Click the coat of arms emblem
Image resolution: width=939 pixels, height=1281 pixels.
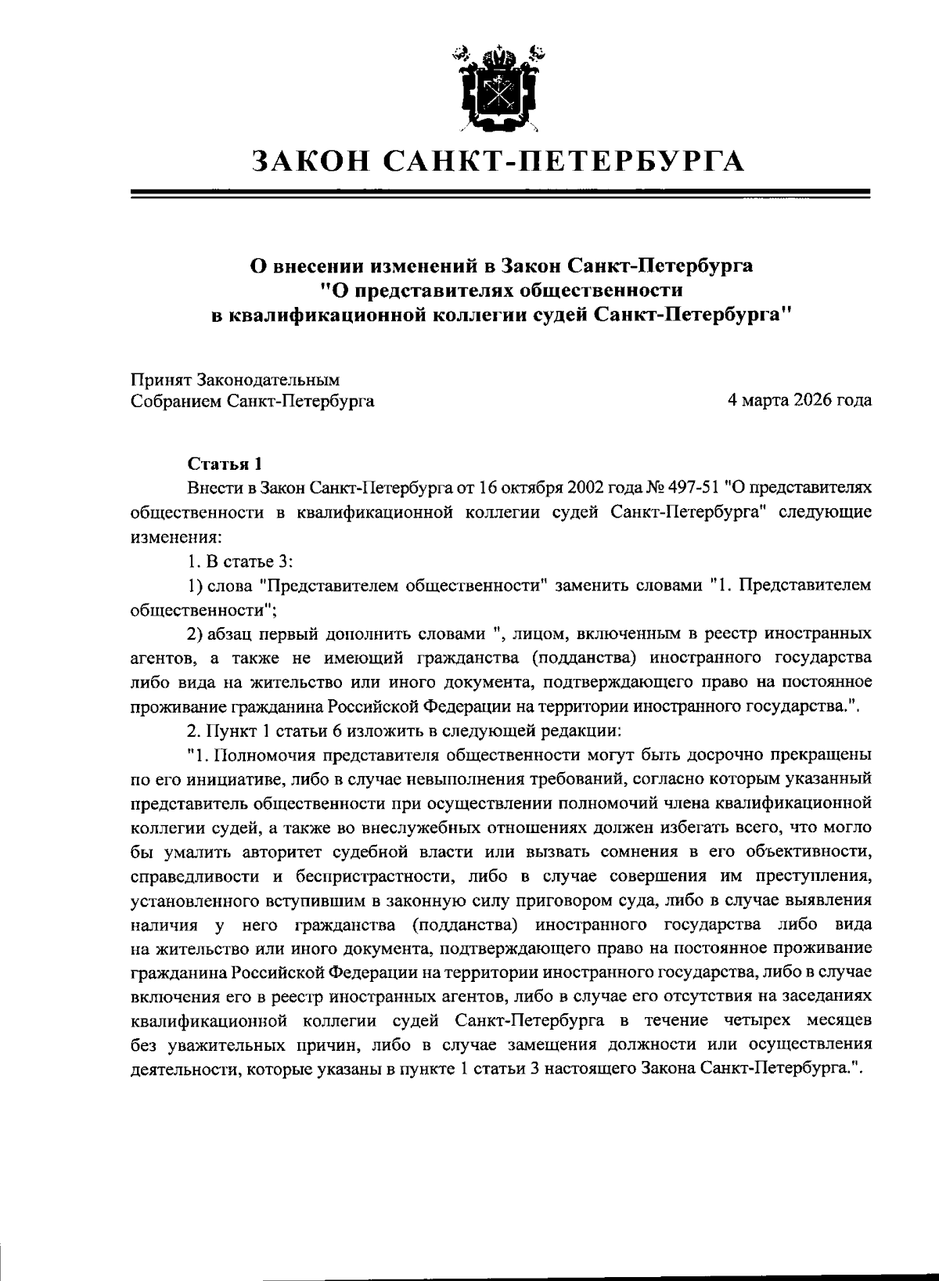coord(497,88)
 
